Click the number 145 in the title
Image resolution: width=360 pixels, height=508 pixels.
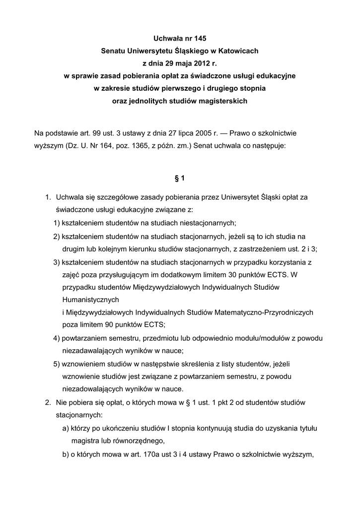click(x=199, y=38)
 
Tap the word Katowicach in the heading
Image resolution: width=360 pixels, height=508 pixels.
click(x=236, y=51)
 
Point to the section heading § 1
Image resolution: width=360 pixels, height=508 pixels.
click(x=180, y=178)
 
